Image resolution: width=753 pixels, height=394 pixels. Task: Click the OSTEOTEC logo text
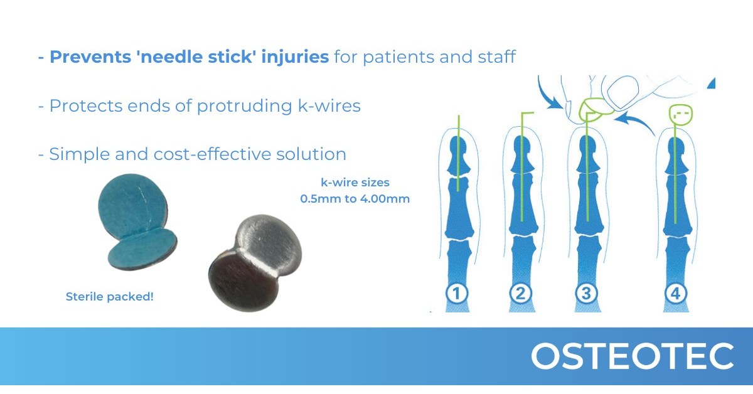pyautogui.click(x=633, y=356)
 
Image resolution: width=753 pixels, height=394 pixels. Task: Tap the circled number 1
pyautogui.click(x=458, y=293)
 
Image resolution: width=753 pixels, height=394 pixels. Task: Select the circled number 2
pyautogui.click(x=521, y=293)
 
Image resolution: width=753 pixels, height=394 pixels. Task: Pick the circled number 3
pyautogui.click(x=586, y=293)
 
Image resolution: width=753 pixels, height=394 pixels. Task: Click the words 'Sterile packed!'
pyautogui.click(x=110, y=296)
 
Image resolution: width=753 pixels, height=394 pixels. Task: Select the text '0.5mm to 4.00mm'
pyautogui.click(x=355, y=199)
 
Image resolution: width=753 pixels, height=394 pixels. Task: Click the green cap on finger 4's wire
pyautogui.click(x=680, y=114)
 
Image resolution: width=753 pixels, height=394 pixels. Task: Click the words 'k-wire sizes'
pyautogui.click(x=355, y=183)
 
